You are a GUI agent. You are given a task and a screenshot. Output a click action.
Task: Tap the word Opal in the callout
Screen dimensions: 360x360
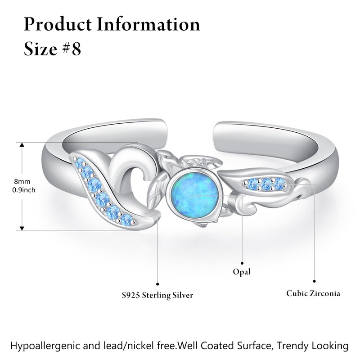[x=242, y=272]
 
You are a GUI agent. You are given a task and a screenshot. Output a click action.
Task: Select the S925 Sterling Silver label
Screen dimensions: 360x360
[x=157, y=295]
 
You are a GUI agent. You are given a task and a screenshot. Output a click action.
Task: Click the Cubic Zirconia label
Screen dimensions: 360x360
[x=313, y=293]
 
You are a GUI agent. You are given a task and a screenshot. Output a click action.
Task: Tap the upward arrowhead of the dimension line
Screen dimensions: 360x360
[x=21, y=145]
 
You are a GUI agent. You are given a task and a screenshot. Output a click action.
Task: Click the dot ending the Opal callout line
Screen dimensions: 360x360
[x=243, y=263]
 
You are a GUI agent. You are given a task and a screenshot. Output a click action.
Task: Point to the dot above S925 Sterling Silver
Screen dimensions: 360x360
[x=157, y=283]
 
